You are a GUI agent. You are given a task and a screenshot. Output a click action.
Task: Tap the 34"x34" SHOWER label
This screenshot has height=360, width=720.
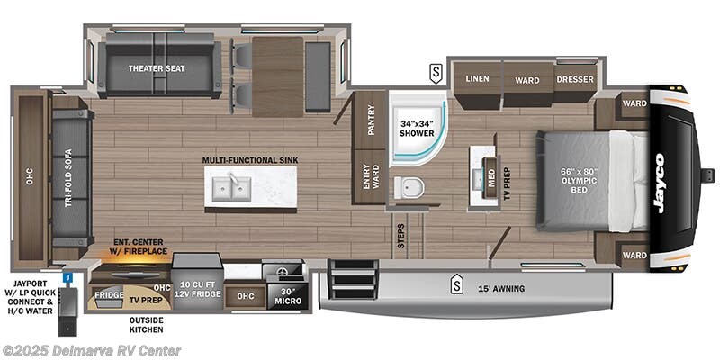tap(417, 128)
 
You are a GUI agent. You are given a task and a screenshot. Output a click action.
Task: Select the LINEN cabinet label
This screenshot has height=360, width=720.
tap(477, 79)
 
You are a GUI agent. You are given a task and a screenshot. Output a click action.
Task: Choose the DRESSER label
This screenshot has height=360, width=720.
tap(574, 79)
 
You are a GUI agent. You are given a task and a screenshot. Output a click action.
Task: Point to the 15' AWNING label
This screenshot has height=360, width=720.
tap(502, 289)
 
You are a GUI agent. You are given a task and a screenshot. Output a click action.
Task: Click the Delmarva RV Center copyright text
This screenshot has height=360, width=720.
tap(92, 350)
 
